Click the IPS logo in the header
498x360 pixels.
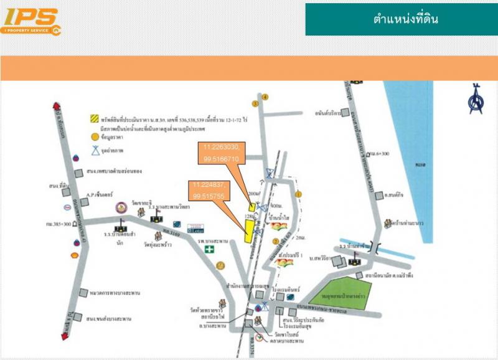click(31, 21)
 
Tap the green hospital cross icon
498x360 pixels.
click(211, 249)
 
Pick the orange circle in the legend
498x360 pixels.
click(94, 136)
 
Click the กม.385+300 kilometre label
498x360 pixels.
click(59, 222)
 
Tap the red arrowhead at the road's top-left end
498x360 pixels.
click(57, 107)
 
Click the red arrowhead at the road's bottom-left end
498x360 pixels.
click(64, 337)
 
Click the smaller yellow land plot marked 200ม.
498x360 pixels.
click(251, 206)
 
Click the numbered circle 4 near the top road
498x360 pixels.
click(265, 97)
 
